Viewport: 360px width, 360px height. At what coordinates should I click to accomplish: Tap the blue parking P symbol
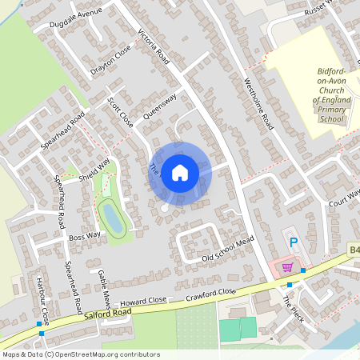(x=294, y=242)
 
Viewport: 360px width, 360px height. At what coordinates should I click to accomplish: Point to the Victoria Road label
(x=154, y=47)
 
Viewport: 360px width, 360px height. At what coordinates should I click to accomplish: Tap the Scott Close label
(x=120, y=113)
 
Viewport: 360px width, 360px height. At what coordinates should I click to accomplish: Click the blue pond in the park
(x=112, y=217)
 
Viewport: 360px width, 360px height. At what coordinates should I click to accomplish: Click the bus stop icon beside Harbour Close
(x=40, y=324)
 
